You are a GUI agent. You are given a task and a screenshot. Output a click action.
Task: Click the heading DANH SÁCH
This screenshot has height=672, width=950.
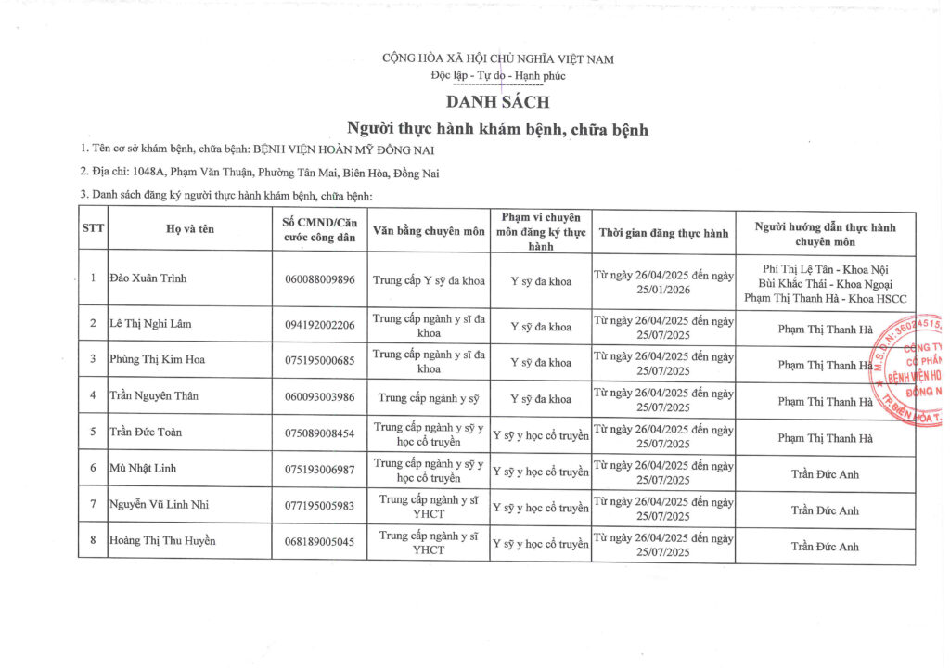pos(497,101)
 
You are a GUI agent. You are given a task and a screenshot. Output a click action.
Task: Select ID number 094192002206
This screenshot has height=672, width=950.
pos(319,324)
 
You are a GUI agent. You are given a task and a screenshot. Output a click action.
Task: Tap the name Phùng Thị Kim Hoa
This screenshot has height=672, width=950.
pos(155,360)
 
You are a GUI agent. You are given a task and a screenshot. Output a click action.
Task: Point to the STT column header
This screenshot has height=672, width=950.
pos(93,229)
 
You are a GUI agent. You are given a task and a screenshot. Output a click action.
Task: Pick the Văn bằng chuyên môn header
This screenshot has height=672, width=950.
pos(429,229)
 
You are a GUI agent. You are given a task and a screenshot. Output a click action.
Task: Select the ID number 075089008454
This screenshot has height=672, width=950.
pos(319,433)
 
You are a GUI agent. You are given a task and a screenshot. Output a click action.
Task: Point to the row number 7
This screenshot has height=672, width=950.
pos(93,506)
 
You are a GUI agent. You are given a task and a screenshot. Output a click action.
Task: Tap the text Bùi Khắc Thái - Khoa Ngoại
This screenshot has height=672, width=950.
pos(825,280)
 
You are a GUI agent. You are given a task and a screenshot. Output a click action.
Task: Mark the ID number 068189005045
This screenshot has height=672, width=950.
pos(319,542)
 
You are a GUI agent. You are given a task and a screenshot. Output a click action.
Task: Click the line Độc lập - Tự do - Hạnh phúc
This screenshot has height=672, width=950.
pos(497,76)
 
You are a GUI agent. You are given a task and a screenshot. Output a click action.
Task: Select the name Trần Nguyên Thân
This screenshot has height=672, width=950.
pos(153,396)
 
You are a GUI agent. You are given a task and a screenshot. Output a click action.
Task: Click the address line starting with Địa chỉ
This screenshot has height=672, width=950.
pos(260,173)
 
